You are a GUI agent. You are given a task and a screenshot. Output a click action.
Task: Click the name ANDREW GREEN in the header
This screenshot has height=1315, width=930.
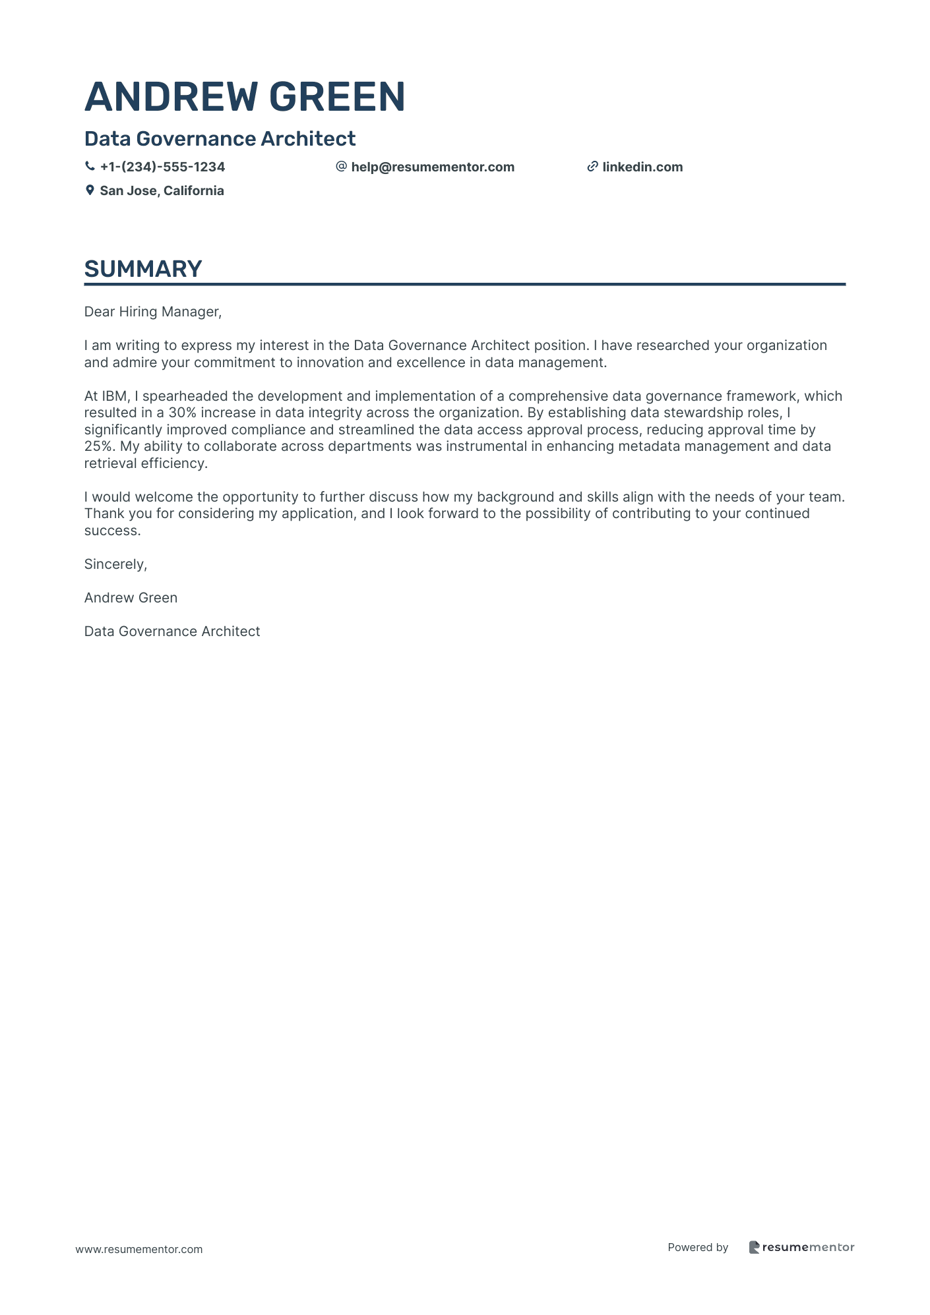tap(245, 97)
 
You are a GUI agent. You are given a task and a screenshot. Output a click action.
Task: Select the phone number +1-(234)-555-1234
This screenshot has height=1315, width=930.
tap(162, 167)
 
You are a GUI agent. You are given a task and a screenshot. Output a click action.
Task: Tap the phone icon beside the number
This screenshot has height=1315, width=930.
tap(90, 167)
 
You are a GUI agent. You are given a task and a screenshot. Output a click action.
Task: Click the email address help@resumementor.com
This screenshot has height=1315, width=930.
tap(433, 167)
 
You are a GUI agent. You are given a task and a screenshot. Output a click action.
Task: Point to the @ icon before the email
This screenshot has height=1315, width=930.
tap(341, 167)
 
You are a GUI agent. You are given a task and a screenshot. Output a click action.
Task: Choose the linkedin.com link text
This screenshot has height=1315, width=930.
tap(642, 167)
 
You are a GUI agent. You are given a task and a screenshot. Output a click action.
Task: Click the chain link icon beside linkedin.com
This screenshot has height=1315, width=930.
tap(592, 167)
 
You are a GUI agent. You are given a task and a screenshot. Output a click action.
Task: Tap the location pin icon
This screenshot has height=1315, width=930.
tap(90, 190)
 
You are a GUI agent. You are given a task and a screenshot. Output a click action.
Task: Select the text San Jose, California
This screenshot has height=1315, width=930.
tap(162, 190)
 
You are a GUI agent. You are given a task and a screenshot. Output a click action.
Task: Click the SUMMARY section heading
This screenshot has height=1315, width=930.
tap(143, 269)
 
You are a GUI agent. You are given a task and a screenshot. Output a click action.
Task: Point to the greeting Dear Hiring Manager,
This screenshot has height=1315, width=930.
tap(153, 312)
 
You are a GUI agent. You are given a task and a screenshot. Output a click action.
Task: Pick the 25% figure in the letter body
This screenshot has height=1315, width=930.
tap(100, 446)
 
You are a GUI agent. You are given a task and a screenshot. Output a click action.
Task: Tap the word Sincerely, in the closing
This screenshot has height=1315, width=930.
tap(115, 564)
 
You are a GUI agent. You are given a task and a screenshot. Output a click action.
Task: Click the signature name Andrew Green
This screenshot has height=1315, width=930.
tap(131, 598)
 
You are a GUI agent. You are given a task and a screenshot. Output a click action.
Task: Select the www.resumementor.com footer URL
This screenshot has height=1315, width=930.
tap(139, 1249)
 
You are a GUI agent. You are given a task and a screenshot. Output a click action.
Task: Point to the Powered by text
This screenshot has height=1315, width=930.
tap(698, 1247)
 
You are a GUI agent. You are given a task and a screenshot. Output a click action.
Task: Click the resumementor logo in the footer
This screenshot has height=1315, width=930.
tap(801, 1247)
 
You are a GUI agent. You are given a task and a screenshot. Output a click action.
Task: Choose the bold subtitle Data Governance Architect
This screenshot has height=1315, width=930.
tap(220, 138)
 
